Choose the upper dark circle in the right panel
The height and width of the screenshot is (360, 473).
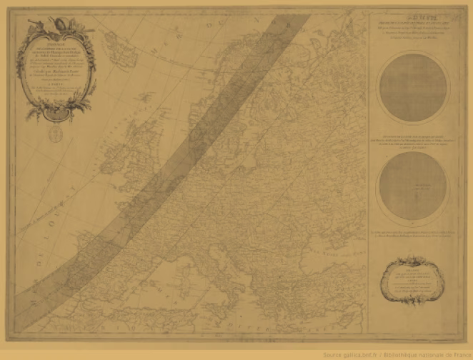(x=413, y=88)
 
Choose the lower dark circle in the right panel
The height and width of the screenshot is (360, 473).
(x=413, y=187)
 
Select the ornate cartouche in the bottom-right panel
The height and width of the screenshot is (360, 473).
(x=413, y=282)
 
